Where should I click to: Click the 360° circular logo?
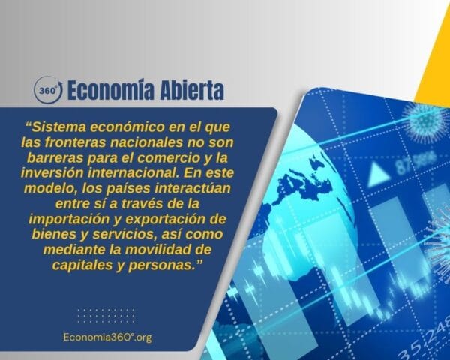point(48,91)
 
